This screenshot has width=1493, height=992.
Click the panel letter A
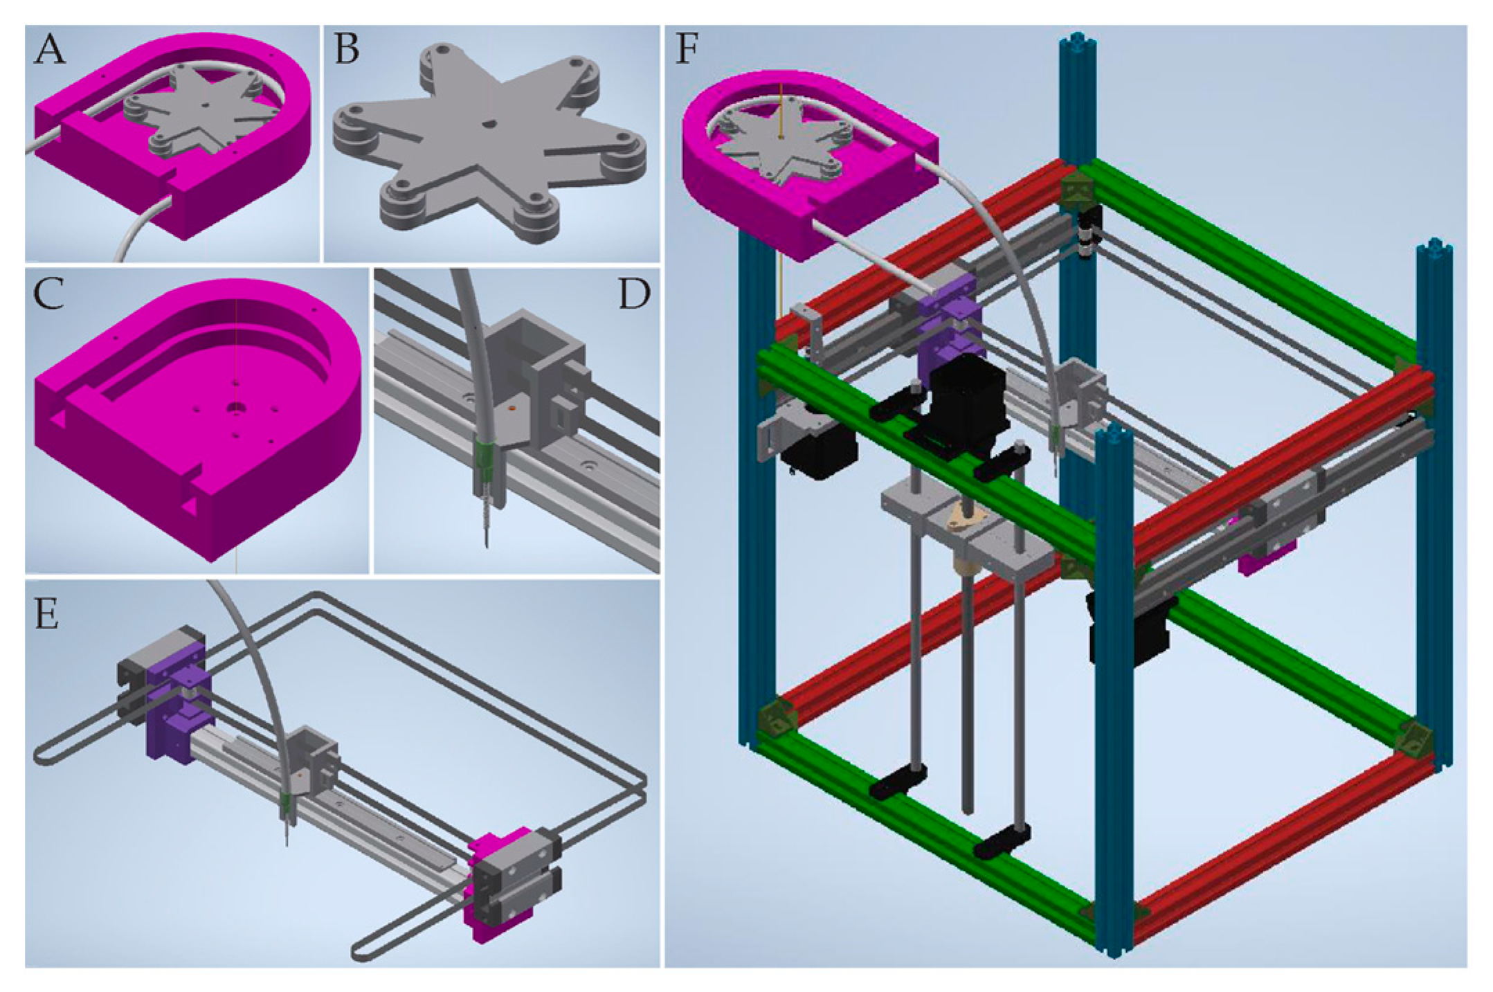coord(50,50)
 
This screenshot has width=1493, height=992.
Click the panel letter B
coord(347,50)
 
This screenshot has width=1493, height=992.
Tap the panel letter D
coord(634,294)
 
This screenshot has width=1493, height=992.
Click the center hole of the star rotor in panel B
coord(489,123)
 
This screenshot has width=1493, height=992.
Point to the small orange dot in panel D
coord(512,410)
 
